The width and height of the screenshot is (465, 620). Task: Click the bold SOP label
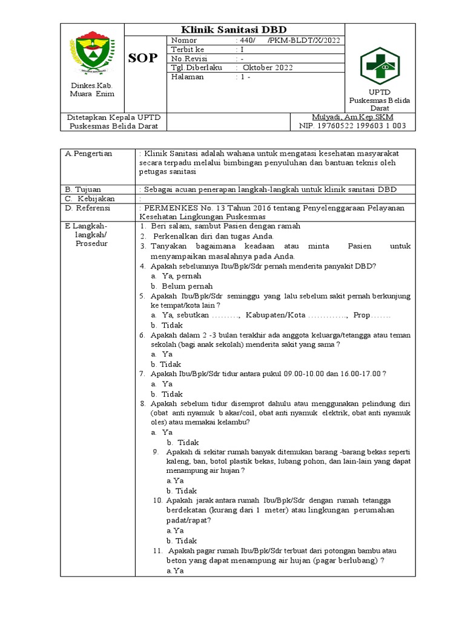pos(143,58)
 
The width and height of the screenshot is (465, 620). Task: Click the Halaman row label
pos(189,77)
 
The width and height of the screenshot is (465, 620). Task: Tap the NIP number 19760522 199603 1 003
pos(352,126)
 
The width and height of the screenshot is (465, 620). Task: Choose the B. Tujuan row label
pos(84,189)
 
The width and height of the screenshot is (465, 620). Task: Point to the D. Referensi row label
pos(88,208)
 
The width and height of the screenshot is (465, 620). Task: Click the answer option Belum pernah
pos(177,286)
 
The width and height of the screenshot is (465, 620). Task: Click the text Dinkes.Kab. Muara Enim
pos(91,90)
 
